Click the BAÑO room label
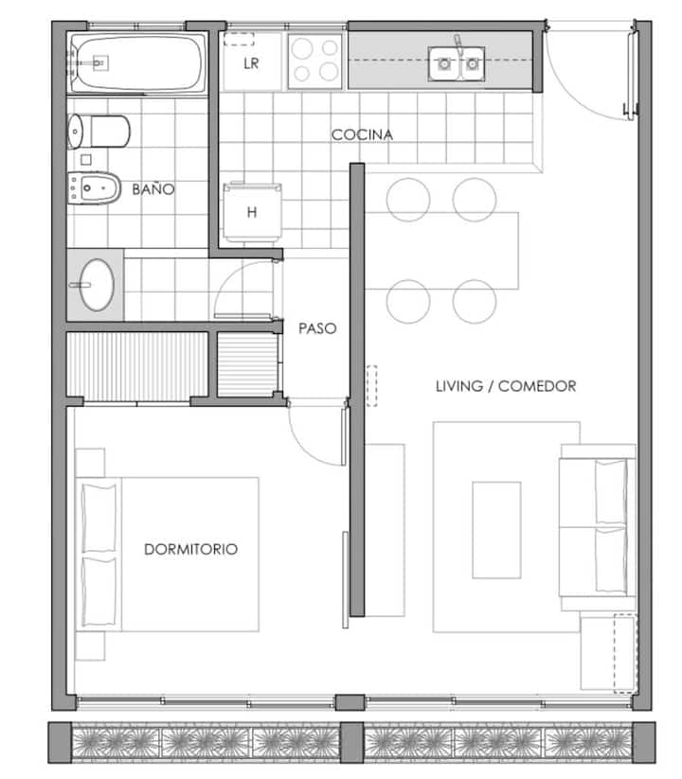click(153, 188)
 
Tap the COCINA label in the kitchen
click(362, 134)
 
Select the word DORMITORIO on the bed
click(191, 549)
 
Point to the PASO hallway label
click(317, 328)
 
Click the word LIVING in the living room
click(459, 386)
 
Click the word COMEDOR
click(537, 386)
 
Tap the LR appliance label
click(251, 63)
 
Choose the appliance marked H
click(252, 212)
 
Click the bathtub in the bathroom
click(137, 63)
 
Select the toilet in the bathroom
click(99, 132)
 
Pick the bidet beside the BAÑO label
click(94, 187)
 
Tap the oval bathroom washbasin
click(96, 285)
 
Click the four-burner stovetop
click(315, 62)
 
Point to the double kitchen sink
click(457, 63)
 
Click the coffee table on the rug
click(496, 530)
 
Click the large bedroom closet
click(137, 366)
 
